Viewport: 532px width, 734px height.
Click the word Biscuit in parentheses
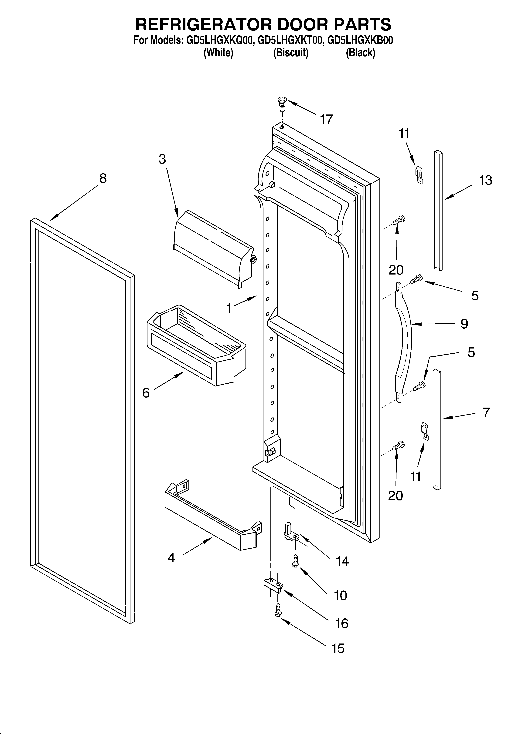click(x=291, y=52)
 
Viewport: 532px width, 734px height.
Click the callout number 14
click(x=342, y=562)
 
